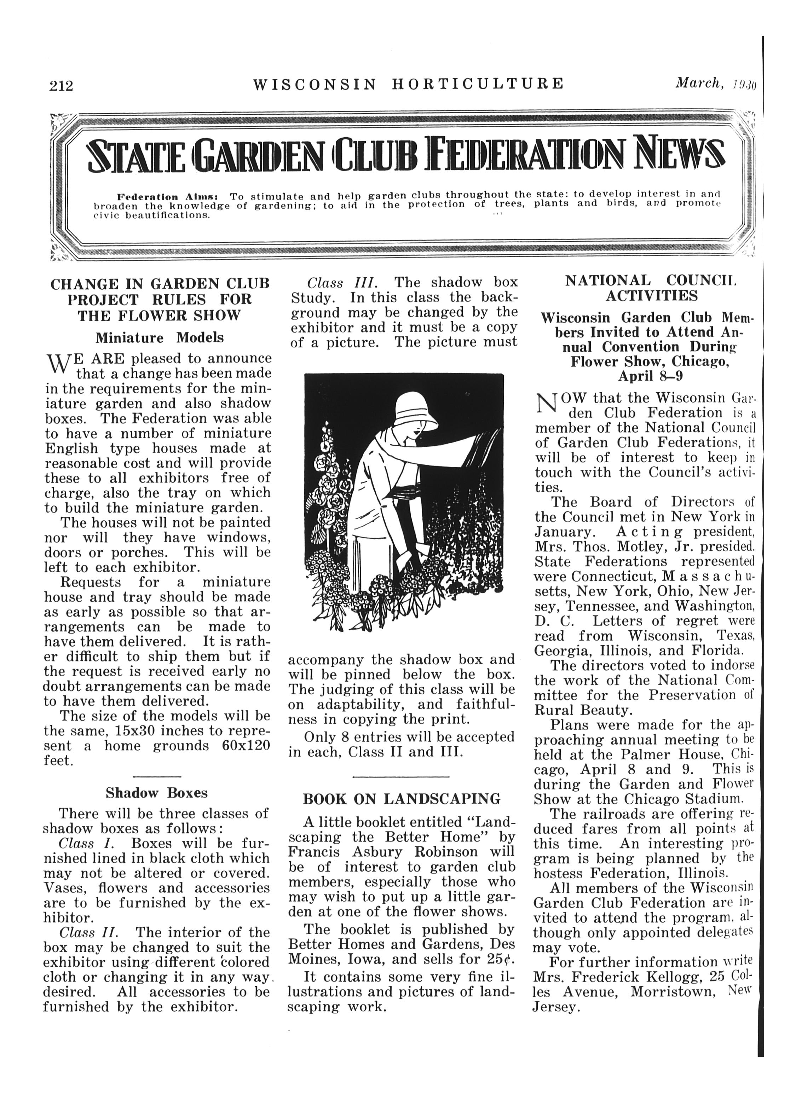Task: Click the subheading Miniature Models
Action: tap(160, 338)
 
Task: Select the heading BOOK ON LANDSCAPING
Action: tap(402, 799)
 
